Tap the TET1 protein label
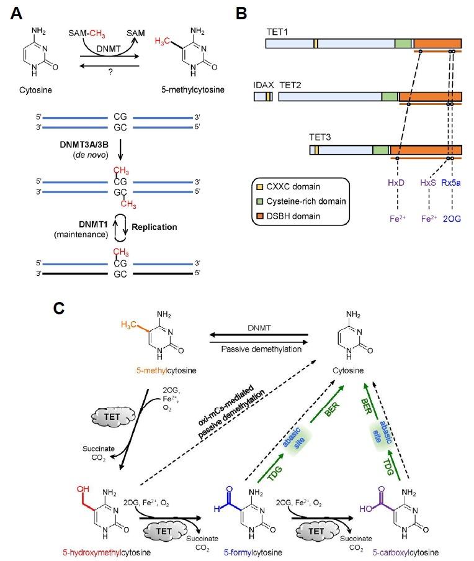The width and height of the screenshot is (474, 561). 277,29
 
